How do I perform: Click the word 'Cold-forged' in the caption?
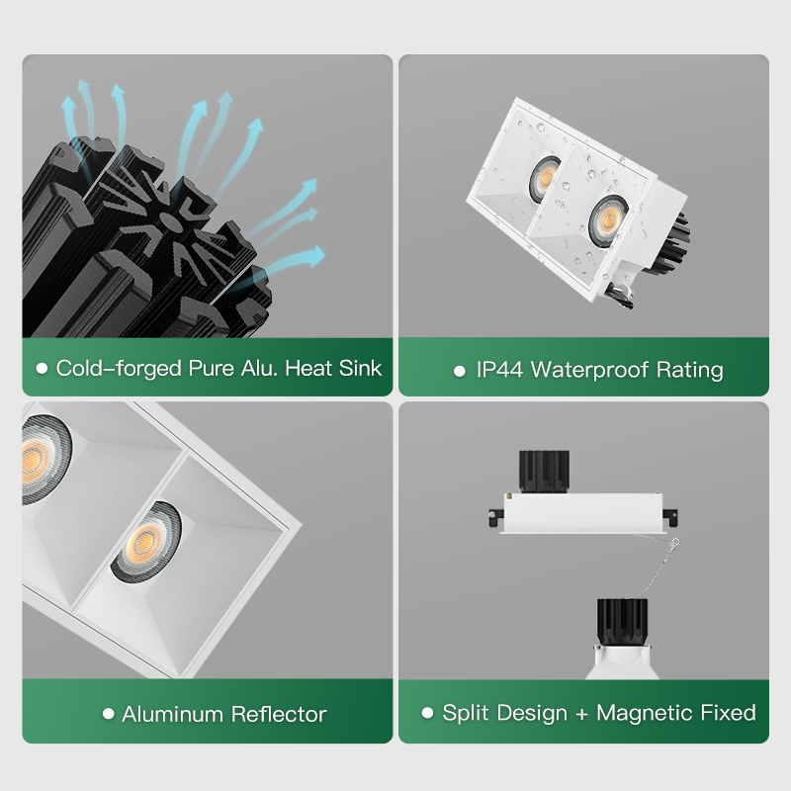point(119,369)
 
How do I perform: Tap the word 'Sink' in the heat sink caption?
point(360,368)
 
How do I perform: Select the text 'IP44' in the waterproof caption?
point(499,370)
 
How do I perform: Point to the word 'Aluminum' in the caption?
point(172,714)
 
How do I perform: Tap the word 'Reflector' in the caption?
point(279,714)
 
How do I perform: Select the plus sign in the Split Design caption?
point(581,714)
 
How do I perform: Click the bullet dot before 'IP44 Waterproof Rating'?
point(459,372)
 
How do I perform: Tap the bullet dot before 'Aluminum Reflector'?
point(108,713)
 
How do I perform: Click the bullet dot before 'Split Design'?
point(427,713)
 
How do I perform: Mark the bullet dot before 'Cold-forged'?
point(42,369)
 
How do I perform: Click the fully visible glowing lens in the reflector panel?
point(146,541)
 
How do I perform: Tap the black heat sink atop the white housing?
point(544,472)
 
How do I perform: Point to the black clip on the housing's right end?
point(671,517)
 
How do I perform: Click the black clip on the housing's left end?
point(496,518)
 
